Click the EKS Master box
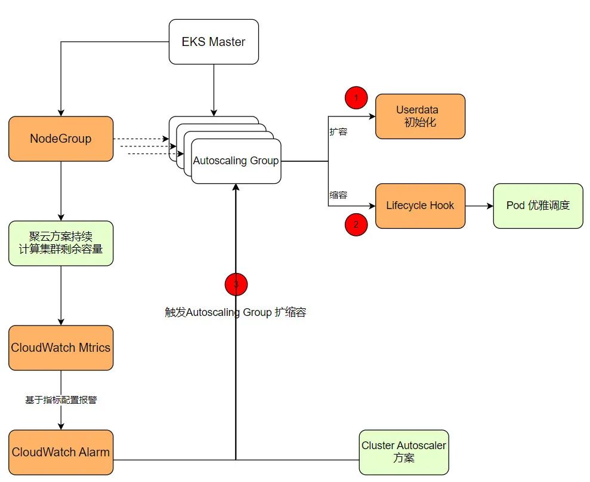(214, 42)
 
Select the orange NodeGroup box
(61, 139)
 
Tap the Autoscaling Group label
(236, 161)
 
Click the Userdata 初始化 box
(419, 116)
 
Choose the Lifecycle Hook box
(420, 205)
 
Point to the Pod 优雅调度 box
(538, 205)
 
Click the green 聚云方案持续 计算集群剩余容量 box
(61, 243)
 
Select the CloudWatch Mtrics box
(61, 348)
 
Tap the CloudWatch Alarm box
(61, 452)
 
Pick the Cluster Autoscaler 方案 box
(403, 452)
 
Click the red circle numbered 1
(356, 97)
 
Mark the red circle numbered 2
(356, 225)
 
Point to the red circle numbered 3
(236, 284)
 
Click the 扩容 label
(338, 132)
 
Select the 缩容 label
(338, 195)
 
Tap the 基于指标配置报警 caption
(61, 400)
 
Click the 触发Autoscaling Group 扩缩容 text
(236, 312)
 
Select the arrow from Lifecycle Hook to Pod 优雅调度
(479, 205)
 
